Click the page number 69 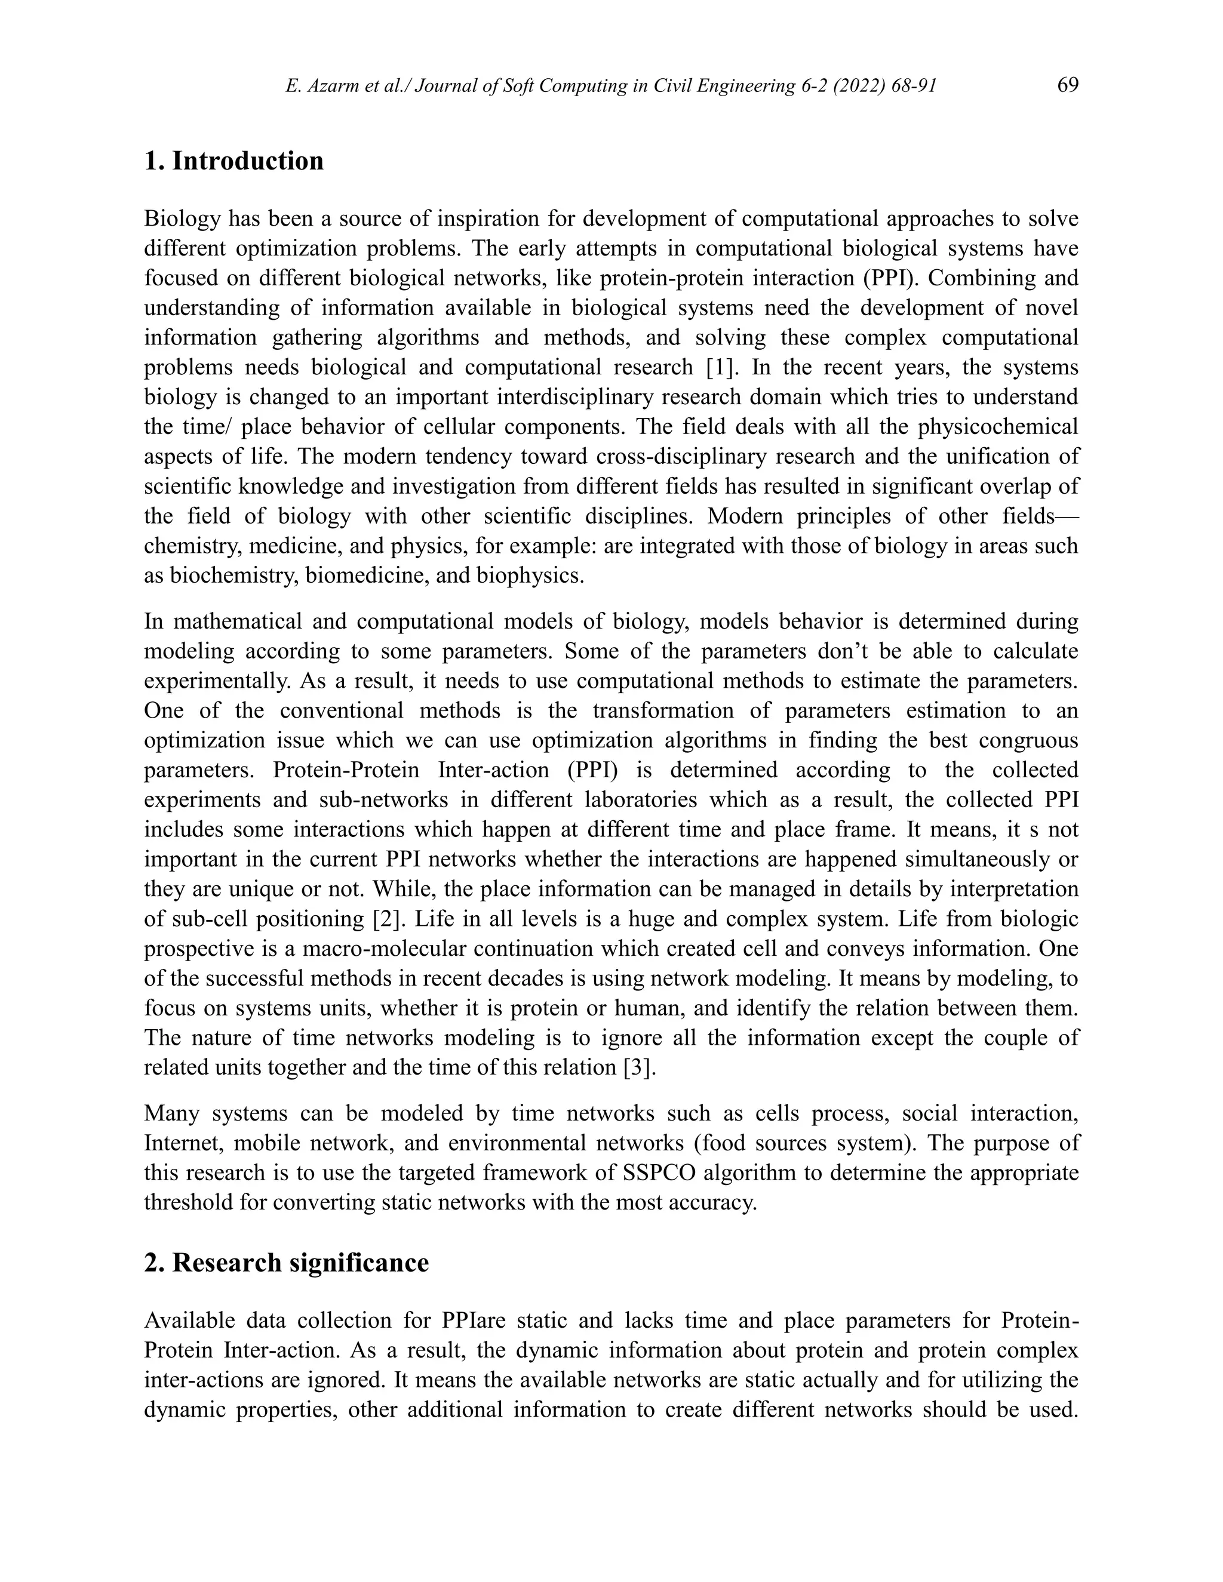coord(1067,85)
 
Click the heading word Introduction coord(248,160)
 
